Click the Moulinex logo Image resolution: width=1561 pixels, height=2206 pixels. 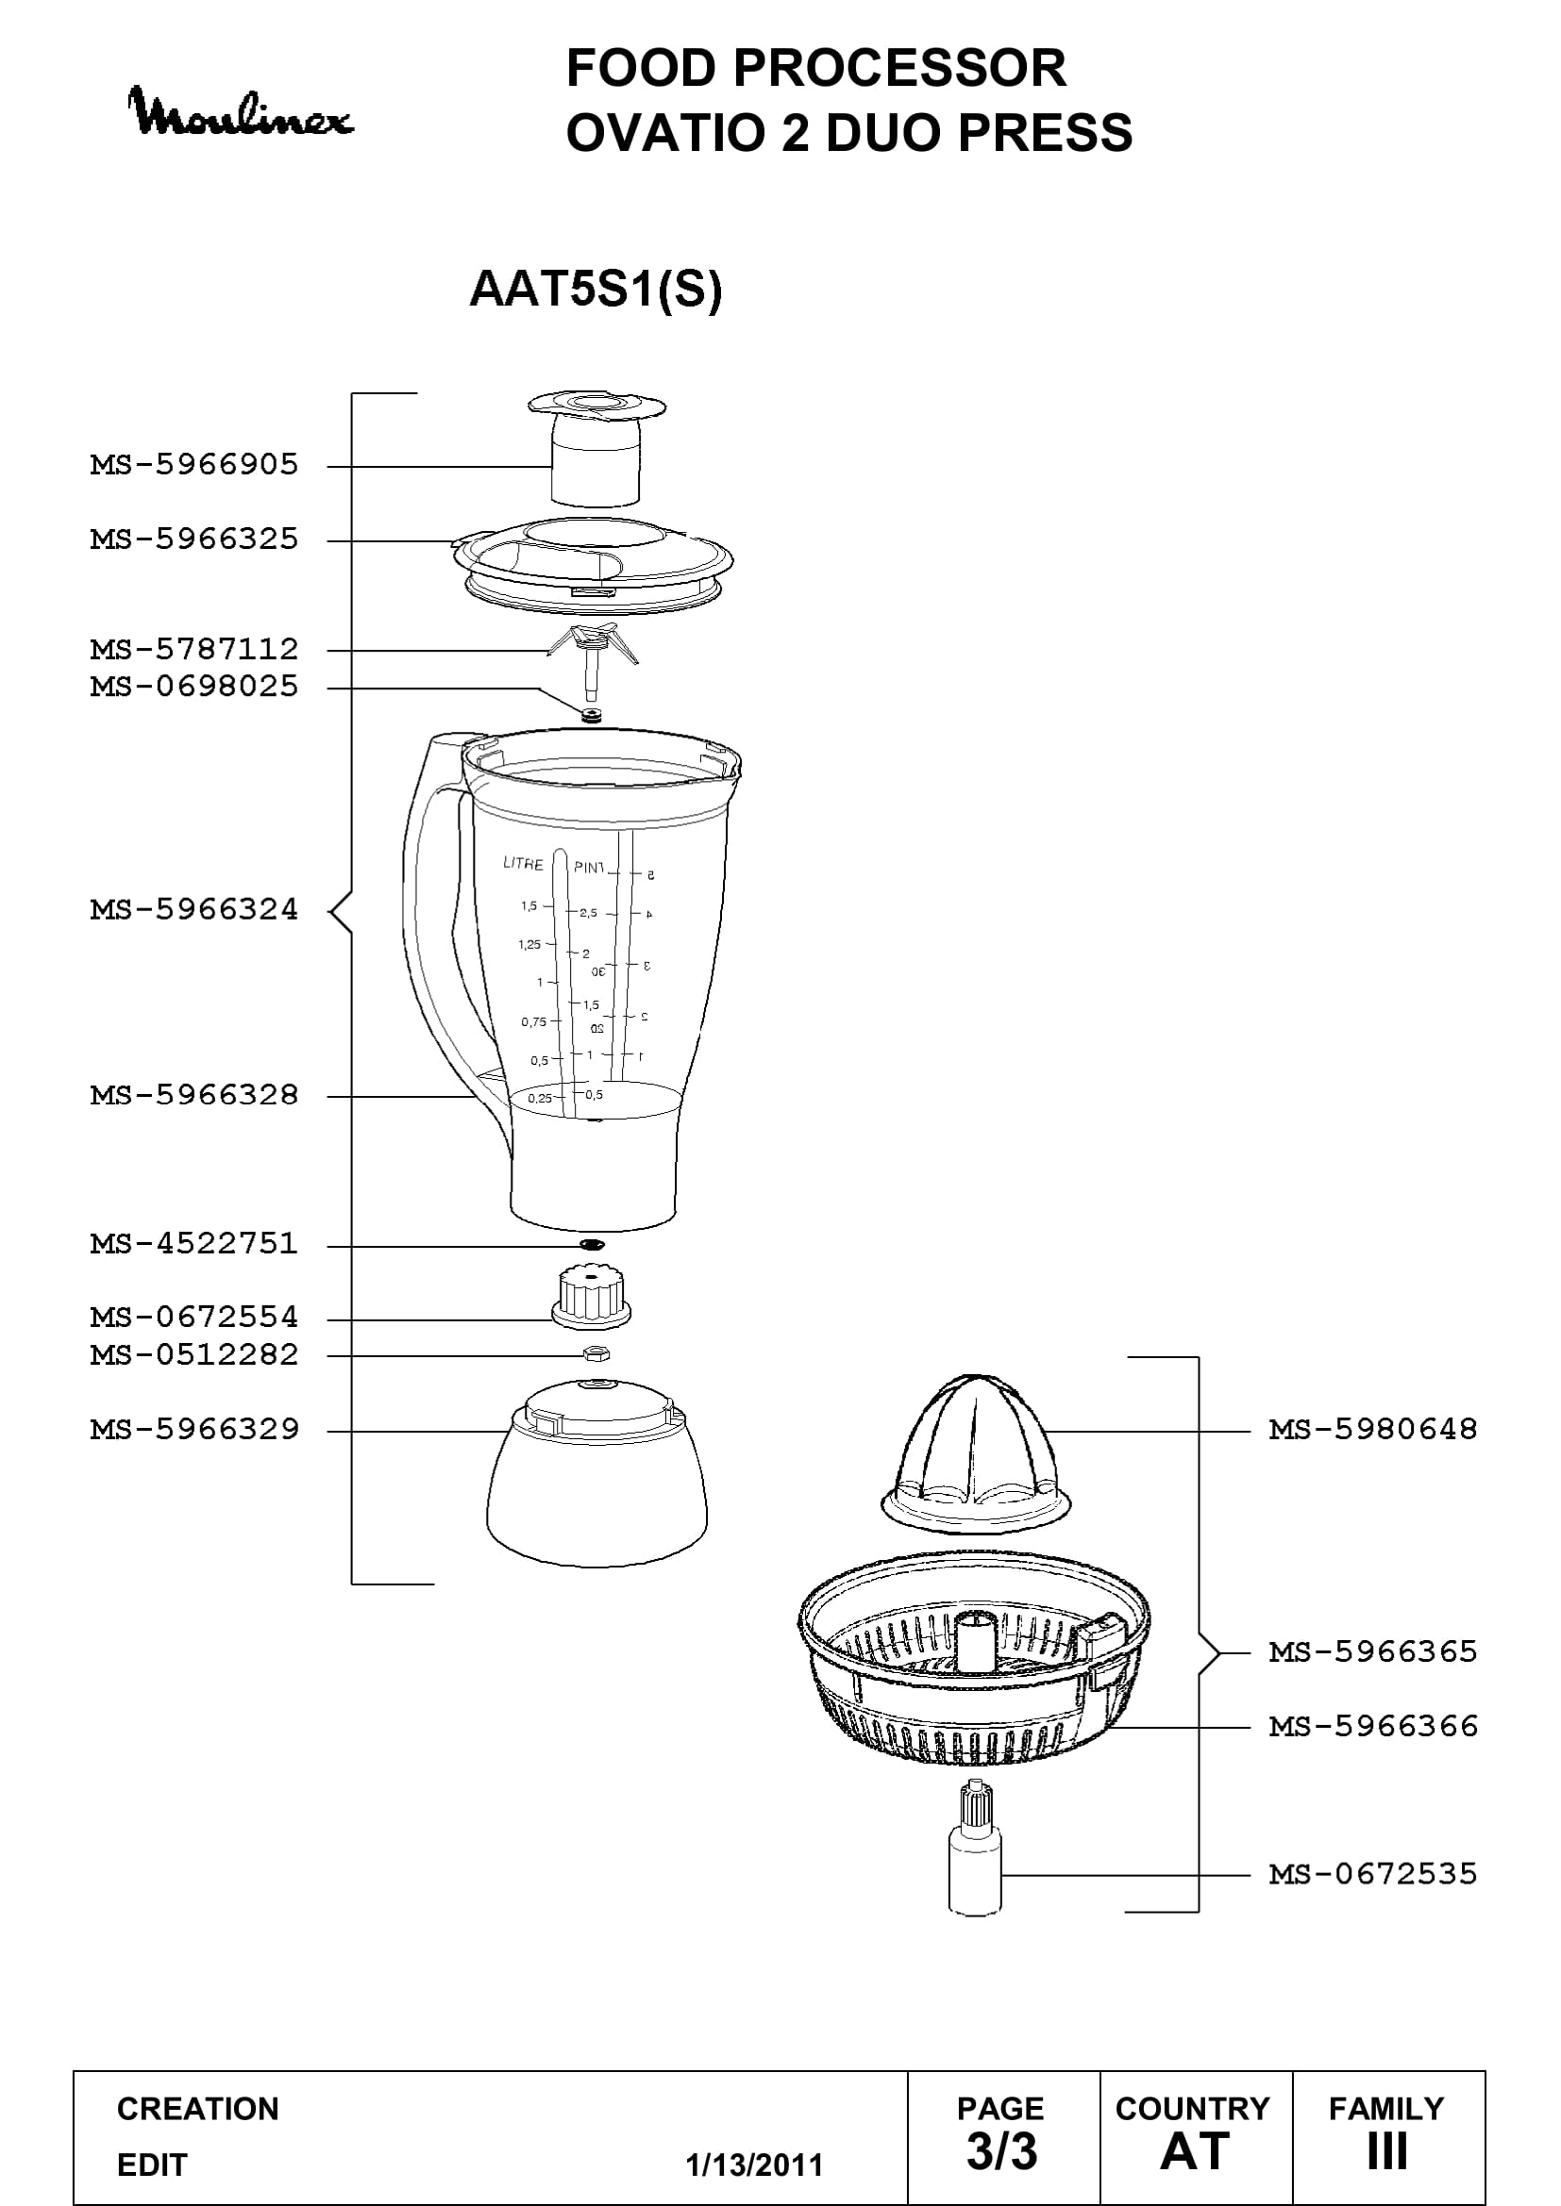(241, 112)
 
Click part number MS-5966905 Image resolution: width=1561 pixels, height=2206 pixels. (195, 465)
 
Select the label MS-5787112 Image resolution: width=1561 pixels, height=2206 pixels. (195, 650)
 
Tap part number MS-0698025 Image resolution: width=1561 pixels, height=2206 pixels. (195, 687)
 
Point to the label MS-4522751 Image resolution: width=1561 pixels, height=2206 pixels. (195, 1244)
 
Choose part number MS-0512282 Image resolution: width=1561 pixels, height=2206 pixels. (195, 1355)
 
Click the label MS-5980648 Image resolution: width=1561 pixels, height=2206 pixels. (1373, 1430)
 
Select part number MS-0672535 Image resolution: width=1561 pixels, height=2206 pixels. (1373, 1874)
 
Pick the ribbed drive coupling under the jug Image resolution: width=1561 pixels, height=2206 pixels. (591, 1297)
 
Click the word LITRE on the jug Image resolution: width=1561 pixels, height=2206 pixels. (523, 864)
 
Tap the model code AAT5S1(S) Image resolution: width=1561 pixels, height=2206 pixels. (596, 290)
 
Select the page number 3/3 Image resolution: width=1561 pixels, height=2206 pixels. (1001, 2151)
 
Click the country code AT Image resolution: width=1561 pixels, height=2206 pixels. (1195, 2151)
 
